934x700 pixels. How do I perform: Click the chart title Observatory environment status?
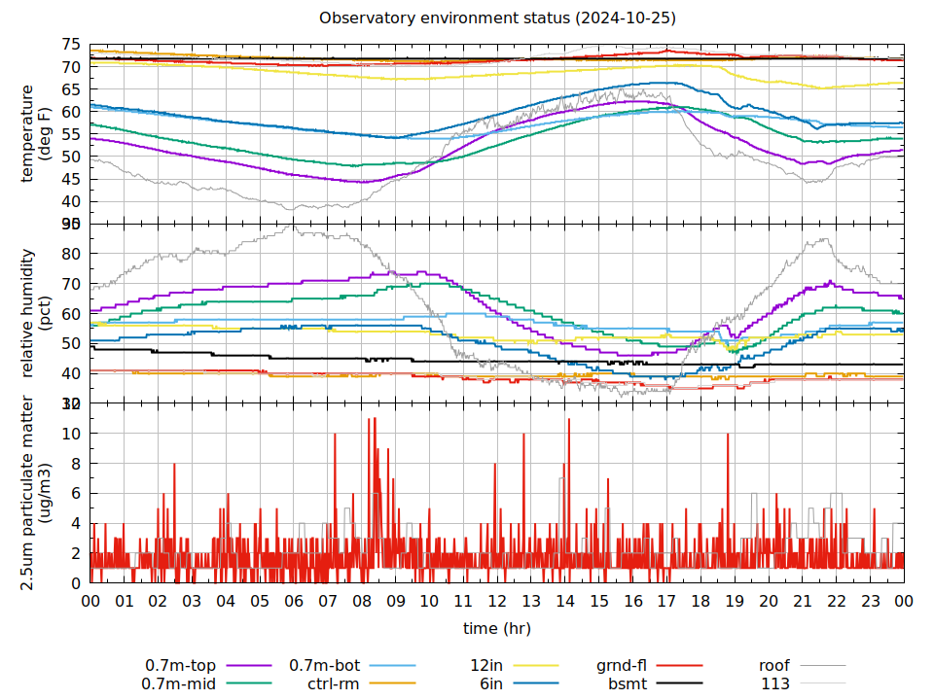(499, 18)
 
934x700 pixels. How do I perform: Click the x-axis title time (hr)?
(496, 629)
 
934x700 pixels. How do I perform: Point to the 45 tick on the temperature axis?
(71, 179)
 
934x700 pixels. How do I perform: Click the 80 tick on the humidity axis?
(71, 254)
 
